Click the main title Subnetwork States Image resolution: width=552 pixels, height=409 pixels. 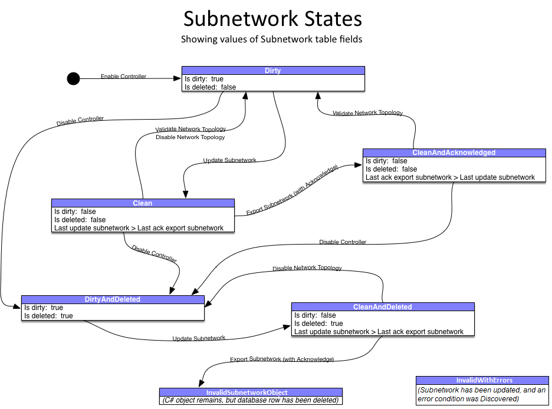pyautogui.click(x=272, y=19)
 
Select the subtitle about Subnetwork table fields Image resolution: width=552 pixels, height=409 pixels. pyautogui.click(x=271, y=40)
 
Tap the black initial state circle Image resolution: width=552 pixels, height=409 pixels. pyautogui.click(x=73, y=78)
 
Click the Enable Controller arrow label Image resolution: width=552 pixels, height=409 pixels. pyautogui.click(x=123, y=77)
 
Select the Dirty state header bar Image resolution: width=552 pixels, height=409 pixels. pyautogui.click(x=273, y=71)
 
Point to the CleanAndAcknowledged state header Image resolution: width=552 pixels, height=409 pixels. pyautogui.click(x=454, y=153)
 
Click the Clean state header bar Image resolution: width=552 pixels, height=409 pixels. pyautogui.click(x=143, y=203)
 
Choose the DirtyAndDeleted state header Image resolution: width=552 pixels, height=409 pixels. pyautogui.click(x=113, y=299)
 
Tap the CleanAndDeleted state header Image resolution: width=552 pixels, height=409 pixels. pyautogui.click(x=382, y=307)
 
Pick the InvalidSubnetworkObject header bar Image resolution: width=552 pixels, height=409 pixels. pyautogui.click(x=251, y=392)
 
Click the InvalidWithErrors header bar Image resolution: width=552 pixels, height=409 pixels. pyautogui.click(x=481, y=380)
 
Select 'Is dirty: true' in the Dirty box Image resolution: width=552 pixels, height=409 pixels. pyautogui.click(x=204, y=79)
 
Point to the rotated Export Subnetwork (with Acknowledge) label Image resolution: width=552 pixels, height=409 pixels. pyautogui.click(x=293, y=190)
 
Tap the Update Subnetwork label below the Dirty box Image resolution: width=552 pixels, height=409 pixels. pyautogui.click(x=229, y=160)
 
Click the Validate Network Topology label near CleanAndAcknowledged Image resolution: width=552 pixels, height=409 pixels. pyautogui.click(x=367, y=113)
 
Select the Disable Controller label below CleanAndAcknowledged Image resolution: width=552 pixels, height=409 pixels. pyautogui.click(x=343, y=242)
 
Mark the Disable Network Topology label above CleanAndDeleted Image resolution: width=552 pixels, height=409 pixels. pyautogui.click(x=307, y=268)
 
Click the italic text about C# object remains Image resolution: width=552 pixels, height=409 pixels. pyautogui.click(x=251, y=401)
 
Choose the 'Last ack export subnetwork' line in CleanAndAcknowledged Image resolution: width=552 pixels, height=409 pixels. pyautogui.click(x=450, y=177)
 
